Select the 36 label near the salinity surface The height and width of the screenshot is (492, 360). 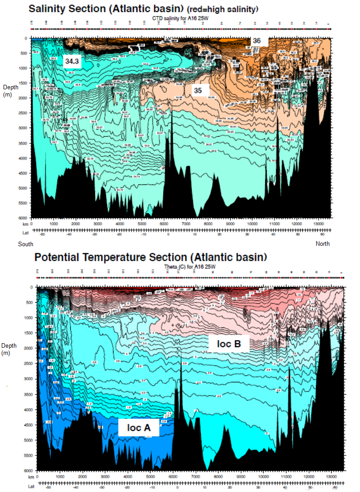[256, 41]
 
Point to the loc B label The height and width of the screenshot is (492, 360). [229, 344]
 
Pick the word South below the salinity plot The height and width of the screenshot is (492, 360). [26, 244]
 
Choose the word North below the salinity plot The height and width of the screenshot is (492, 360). [322, 244]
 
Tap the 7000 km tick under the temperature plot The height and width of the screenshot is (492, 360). [196, 476]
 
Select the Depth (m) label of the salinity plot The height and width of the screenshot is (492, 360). [9, 90]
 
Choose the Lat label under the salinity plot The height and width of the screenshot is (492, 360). [25, 233]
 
